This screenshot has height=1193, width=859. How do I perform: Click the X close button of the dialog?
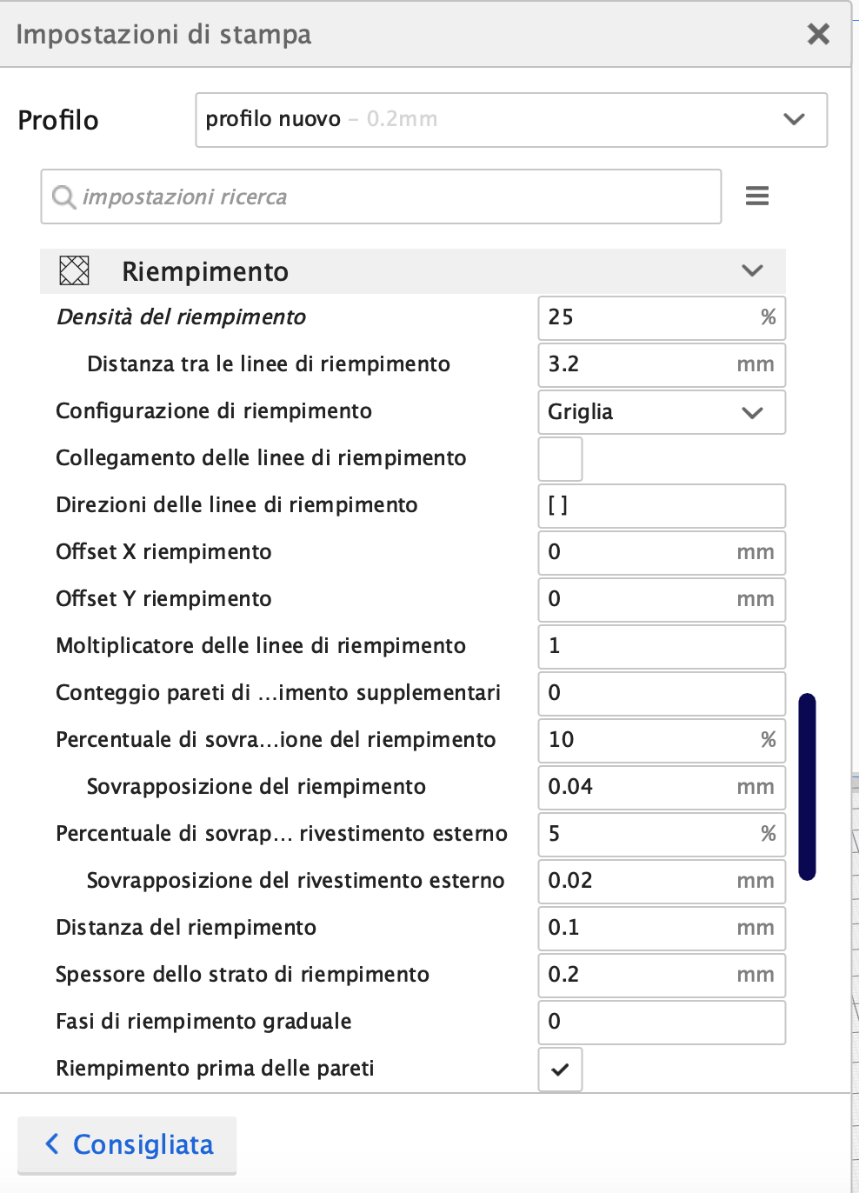(x=818, y=34)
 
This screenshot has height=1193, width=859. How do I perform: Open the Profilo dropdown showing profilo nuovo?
(x=511, y=120)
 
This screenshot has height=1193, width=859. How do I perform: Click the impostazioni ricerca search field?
(x=381, y=197)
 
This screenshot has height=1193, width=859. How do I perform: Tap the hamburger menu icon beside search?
(x=757, y=196)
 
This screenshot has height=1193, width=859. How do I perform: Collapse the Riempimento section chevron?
(x=752, y=270)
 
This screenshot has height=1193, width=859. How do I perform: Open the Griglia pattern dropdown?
(x=661, y=411)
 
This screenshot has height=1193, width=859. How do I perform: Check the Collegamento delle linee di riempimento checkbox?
(x=560, y=459)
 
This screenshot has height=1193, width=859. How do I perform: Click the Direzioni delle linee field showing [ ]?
(x=661, y=505)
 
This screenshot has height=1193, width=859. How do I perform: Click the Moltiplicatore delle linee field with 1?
(x=661, y=646)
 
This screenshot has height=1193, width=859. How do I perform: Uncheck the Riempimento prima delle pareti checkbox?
(x=560, y=1070)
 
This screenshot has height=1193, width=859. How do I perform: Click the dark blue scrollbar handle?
(x=807, y=786)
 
